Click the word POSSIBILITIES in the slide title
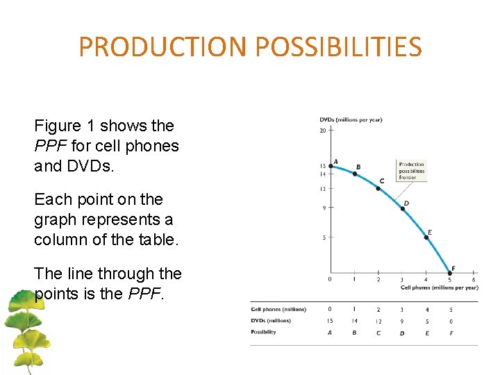(x=338, y=47)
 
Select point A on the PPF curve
(x=331, y=166)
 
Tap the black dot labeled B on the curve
(x=354, y=174)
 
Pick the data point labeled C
(x=378, y=188)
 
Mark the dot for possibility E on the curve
(x=426, y=237)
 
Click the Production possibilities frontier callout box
(x=411, y=171)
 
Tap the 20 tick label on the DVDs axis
(x=323, y=130)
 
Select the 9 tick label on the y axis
(x=324, y=208)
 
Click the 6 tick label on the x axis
(x=473, y=280)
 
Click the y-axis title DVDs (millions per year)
(x=351, y=119)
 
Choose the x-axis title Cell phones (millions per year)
(x=439, y=287)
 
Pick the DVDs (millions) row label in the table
(x=271, y=321)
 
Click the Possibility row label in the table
(x=263, y=332)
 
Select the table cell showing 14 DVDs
(x=354, y=321)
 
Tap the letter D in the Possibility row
(x=402, y=333)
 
